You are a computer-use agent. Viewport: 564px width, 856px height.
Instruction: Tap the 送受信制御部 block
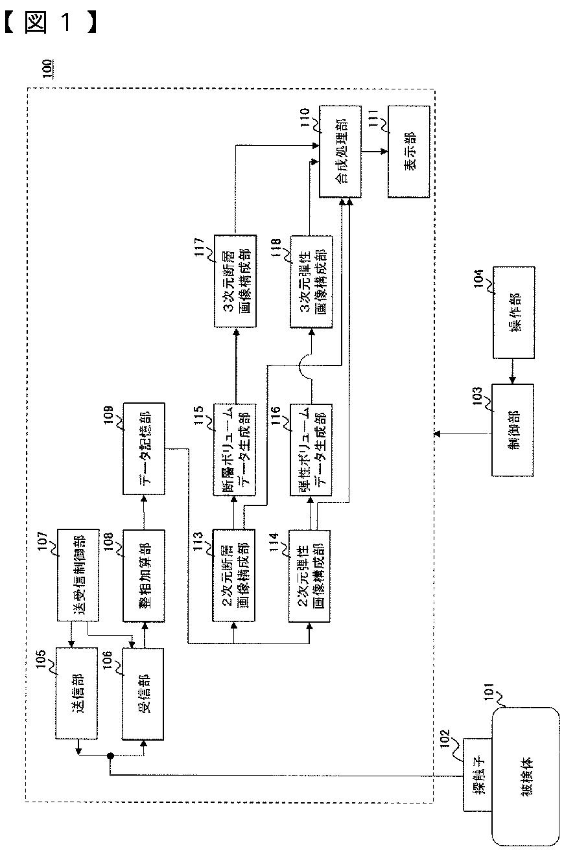tap(78, 575)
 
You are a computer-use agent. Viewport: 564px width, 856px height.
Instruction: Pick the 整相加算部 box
tap(144, 575)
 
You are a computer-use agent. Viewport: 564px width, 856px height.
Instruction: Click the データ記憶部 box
tap(144, 448)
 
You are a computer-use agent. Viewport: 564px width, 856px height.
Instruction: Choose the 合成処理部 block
tap(340, 152)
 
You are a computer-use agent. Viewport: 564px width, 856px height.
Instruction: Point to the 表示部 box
tap(409, 152)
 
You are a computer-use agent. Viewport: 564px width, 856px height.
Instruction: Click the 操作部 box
tap(514, 312)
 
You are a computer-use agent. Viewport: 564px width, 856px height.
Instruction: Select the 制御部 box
tap(513, 430)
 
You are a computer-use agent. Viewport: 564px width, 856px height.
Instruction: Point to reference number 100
tap(47, 69)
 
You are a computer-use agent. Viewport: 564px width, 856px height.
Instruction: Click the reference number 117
tap(199, 247)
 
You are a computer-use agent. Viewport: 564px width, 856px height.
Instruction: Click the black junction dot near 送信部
tap(110, 756)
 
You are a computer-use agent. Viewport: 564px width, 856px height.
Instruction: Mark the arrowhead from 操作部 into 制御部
tap(512, 380)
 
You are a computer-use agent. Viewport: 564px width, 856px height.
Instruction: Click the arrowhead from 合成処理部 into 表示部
tap(384, 152)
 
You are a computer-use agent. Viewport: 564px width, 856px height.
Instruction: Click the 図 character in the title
tap(36, 22)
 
